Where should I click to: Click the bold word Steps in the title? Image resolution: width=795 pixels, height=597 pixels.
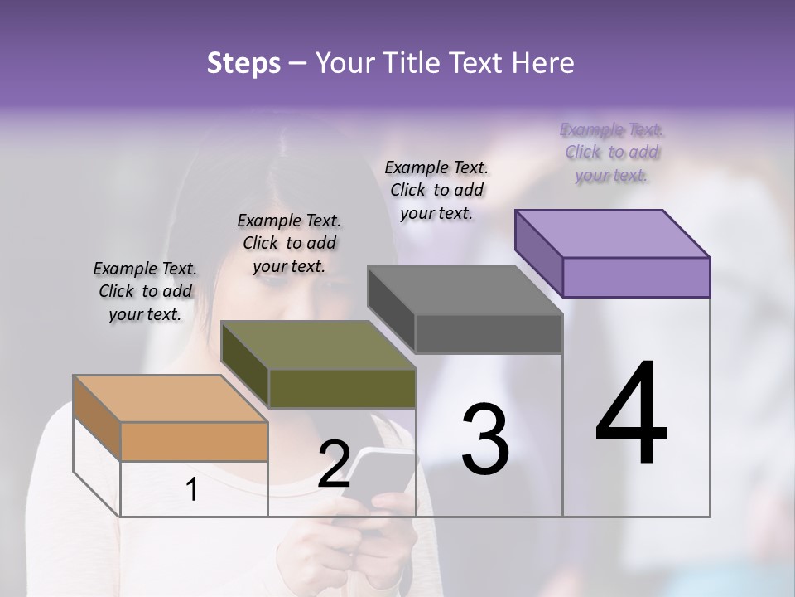coord(243,63)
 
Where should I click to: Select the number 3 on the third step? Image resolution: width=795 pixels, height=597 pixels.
coord(485,439)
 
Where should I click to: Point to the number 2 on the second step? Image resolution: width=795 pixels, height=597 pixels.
coord(334,464)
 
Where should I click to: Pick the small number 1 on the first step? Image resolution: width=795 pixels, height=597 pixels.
coord(192,490)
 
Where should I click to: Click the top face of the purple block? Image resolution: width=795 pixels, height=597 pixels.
coord(613,233)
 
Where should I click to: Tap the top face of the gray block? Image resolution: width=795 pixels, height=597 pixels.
coord(465,290)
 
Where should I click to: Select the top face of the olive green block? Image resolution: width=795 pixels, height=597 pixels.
coord(318,345)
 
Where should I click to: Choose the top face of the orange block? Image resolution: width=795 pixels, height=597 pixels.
coord(171,399)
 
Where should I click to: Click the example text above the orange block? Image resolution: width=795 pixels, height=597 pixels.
coord(145,291)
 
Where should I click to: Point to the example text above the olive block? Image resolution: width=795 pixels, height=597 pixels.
coord(289,243)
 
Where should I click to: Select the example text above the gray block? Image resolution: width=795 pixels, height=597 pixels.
coord(436,190)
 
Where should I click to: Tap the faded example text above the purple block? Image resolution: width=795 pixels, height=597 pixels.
coord(612,153)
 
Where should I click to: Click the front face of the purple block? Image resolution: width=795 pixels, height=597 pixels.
coord(636,277)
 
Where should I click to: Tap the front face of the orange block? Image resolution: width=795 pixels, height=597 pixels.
coord(194,441)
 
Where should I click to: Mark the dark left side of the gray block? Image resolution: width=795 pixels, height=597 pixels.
coord(391,309)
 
